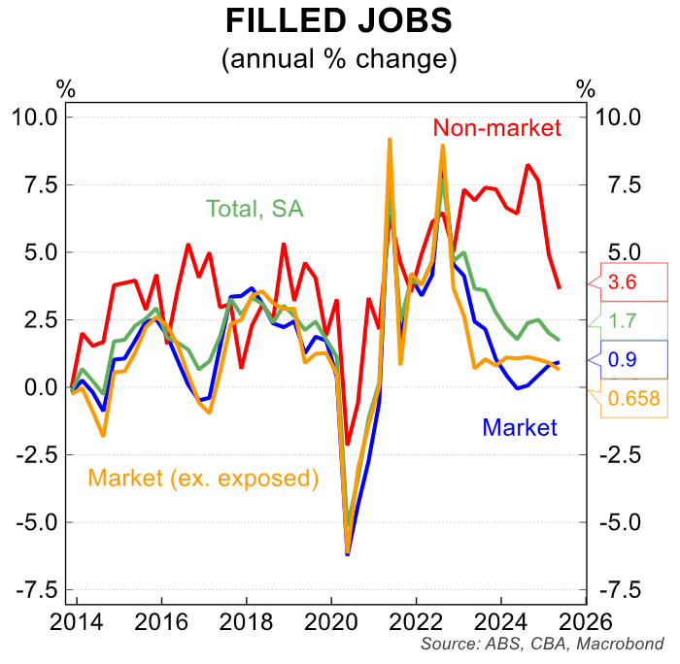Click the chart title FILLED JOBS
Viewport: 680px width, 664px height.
click(338, 21)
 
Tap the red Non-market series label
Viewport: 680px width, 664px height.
click(497, 127)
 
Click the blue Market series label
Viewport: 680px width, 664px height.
click(520, 427)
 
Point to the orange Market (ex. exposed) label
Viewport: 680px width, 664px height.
click(203, 478)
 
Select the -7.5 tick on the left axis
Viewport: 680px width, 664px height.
click(37, 589)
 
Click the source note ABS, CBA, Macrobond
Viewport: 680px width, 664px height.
click(543, 645)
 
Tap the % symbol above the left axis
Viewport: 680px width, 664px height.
click(66, 87)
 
